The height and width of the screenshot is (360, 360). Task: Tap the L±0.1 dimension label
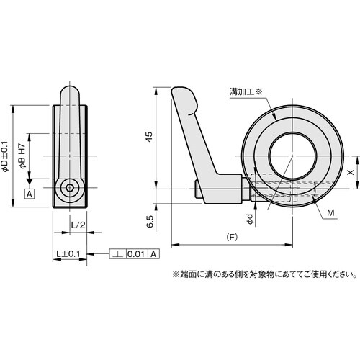click(x=70, y=254)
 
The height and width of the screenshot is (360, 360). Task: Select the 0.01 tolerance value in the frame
click(x=137, y=254)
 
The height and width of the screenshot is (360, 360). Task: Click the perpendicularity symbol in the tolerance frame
click(x=117, y=254)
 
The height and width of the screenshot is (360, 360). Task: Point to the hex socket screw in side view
click(x=68, y=189)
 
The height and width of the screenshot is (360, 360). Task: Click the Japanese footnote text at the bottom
click(x=264, y=273)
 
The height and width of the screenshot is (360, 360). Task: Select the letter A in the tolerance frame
click(x=153, y=254)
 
